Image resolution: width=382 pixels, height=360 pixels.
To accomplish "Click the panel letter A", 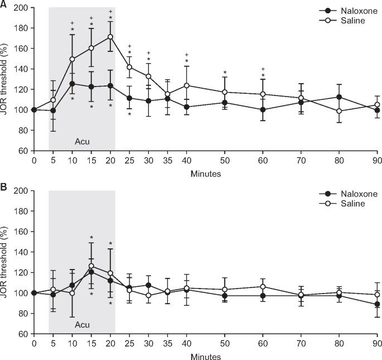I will coord(4,4).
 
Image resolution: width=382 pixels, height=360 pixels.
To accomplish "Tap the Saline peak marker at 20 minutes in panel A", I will coord(110,37).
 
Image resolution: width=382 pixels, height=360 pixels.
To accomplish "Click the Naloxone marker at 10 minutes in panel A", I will coord(72,84).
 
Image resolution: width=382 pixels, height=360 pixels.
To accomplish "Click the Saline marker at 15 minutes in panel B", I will coord(91,266).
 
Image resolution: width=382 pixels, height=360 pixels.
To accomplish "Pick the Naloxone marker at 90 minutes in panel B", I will coord(378,304).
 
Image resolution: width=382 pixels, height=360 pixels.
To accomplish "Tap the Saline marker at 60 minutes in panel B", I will coord(263,287).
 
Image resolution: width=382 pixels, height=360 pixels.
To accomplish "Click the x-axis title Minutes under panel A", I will coord(205,174).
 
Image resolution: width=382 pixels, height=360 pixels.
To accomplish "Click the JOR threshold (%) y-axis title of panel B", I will coord(7,262).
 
